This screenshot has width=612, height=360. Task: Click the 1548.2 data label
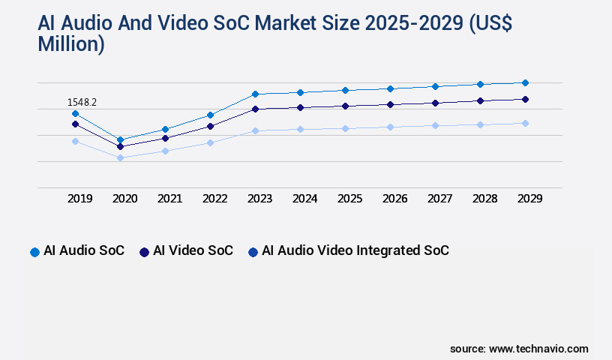[82, 102]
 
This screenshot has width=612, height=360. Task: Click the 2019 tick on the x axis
[80, 199]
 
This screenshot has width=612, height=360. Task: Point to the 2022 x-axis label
[215, 199]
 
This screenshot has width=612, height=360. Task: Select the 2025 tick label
[350, 199]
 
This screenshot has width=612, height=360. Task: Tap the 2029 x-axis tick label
[529, 199]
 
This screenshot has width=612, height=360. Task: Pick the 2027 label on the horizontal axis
[440, 199]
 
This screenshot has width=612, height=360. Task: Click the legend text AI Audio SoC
[84, 250]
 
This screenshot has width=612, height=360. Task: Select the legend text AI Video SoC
[193, 250]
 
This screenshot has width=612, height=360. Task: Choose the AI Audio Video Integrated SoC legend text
[355, 250]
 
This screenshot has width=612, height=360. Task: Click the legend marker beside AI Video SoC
[144, 252]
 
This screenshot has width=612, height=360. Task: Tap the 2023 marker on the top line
[255, 94]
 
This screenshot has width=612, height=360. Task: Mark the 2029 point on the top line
[525, 82]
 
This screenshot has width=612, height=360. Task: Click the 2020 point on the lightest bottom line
[120, 157]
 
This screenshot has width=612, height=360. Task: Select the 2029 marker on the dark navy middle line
[525, 99]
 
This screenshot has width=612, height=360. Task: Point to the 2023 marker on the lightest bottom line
[255, 130]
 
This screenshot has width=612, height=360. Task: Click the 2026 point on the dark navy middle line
[390, 104]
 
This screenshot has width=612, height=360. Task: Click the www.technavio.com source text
[538, 349]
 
